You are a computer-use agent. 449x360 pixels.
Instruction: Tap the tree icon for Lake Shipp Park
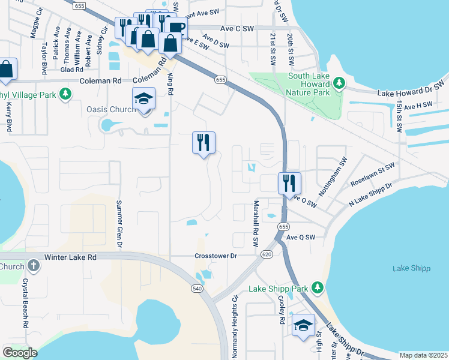click(x=318, y=289)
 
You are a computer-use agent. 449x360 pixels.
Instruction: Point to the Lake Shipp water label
click(x=411, y=268)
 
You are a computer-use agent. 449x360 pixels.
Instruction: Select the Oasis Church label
click(x=109, y=109)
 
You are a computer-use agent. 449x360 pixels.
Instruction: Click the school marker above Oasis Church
click(x=144, y=98)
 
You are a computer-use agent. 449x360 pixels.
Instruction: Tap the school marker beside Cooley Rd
click(x=304, y=325)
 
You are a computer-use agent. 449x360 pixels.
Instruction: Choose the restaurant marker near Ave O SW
click(x=289, y=182)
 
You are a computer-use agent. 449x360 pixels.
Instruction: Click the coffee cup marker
click(x=175, y=28)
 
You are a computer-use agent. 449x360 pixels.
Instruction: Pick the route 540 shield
click(x=197, y=289)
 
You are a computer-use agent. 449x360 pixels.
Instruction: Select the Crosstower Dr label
click(x=216, y=256)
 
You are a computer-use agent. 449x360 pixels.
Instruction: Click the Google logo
click(x=20, y=353)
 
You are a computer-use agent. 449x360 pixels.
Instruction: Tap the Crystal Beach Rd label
click(x=26, y=302)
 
